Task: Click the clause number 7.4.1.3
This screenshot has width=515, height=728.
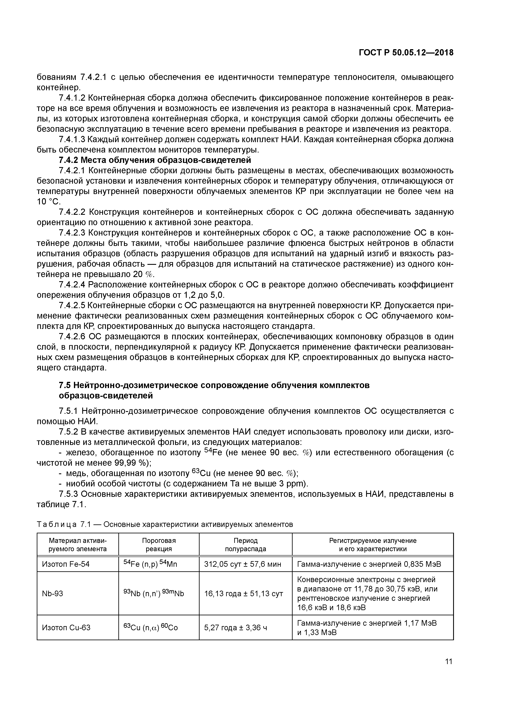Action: (x=72, y=139)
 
